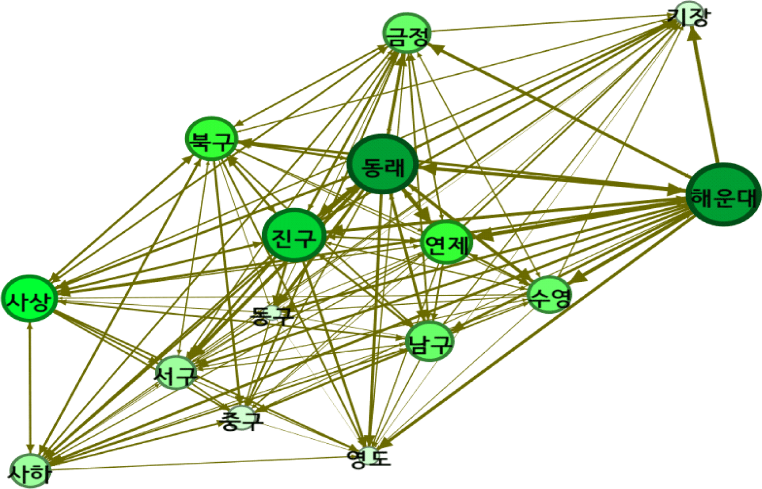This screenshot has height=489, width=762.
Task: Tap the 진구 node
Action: click(x=294, y=236)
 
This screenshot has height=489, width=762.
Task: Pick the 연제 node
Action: click(x=446, y=242)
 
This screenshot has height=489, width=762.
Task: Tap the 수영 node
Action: click(x=549, y=295)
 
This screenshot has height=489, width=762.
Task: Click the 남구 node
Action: click(x=430, y=341)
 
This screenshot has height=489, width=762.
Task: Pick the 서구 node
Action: click(x=176, y=373)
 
